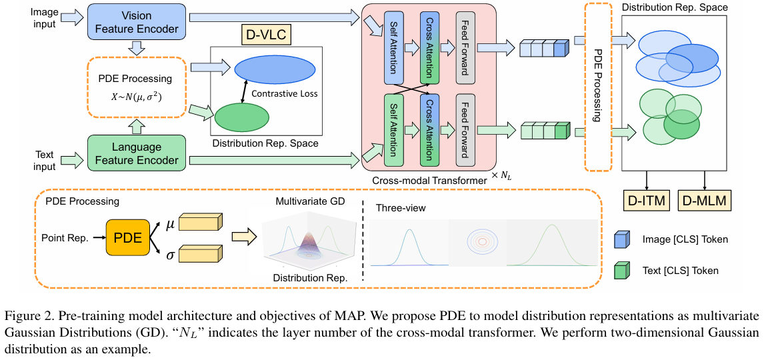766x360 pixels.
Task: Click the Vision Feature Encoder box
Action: click(x=137, y=22)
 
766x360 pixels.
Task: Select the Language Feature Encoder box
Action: click(x=137, y=153)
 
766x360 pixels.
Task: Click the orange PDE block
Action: click(x=127, y=238)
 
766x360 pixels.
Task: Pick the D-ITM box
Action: click(x=646, y=200)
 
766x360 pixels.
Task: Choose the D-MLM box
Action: click(x=705, y=200)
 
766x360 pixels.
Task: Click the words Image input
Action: click(x=43, y=17)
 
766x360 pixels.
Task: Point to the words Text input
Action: click(x=45, y=161)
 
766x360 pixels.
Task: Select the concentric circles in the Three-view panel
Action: click(x=481, y=241)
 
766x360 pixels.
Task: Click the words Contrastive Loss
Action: click(x=284, y=93)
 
